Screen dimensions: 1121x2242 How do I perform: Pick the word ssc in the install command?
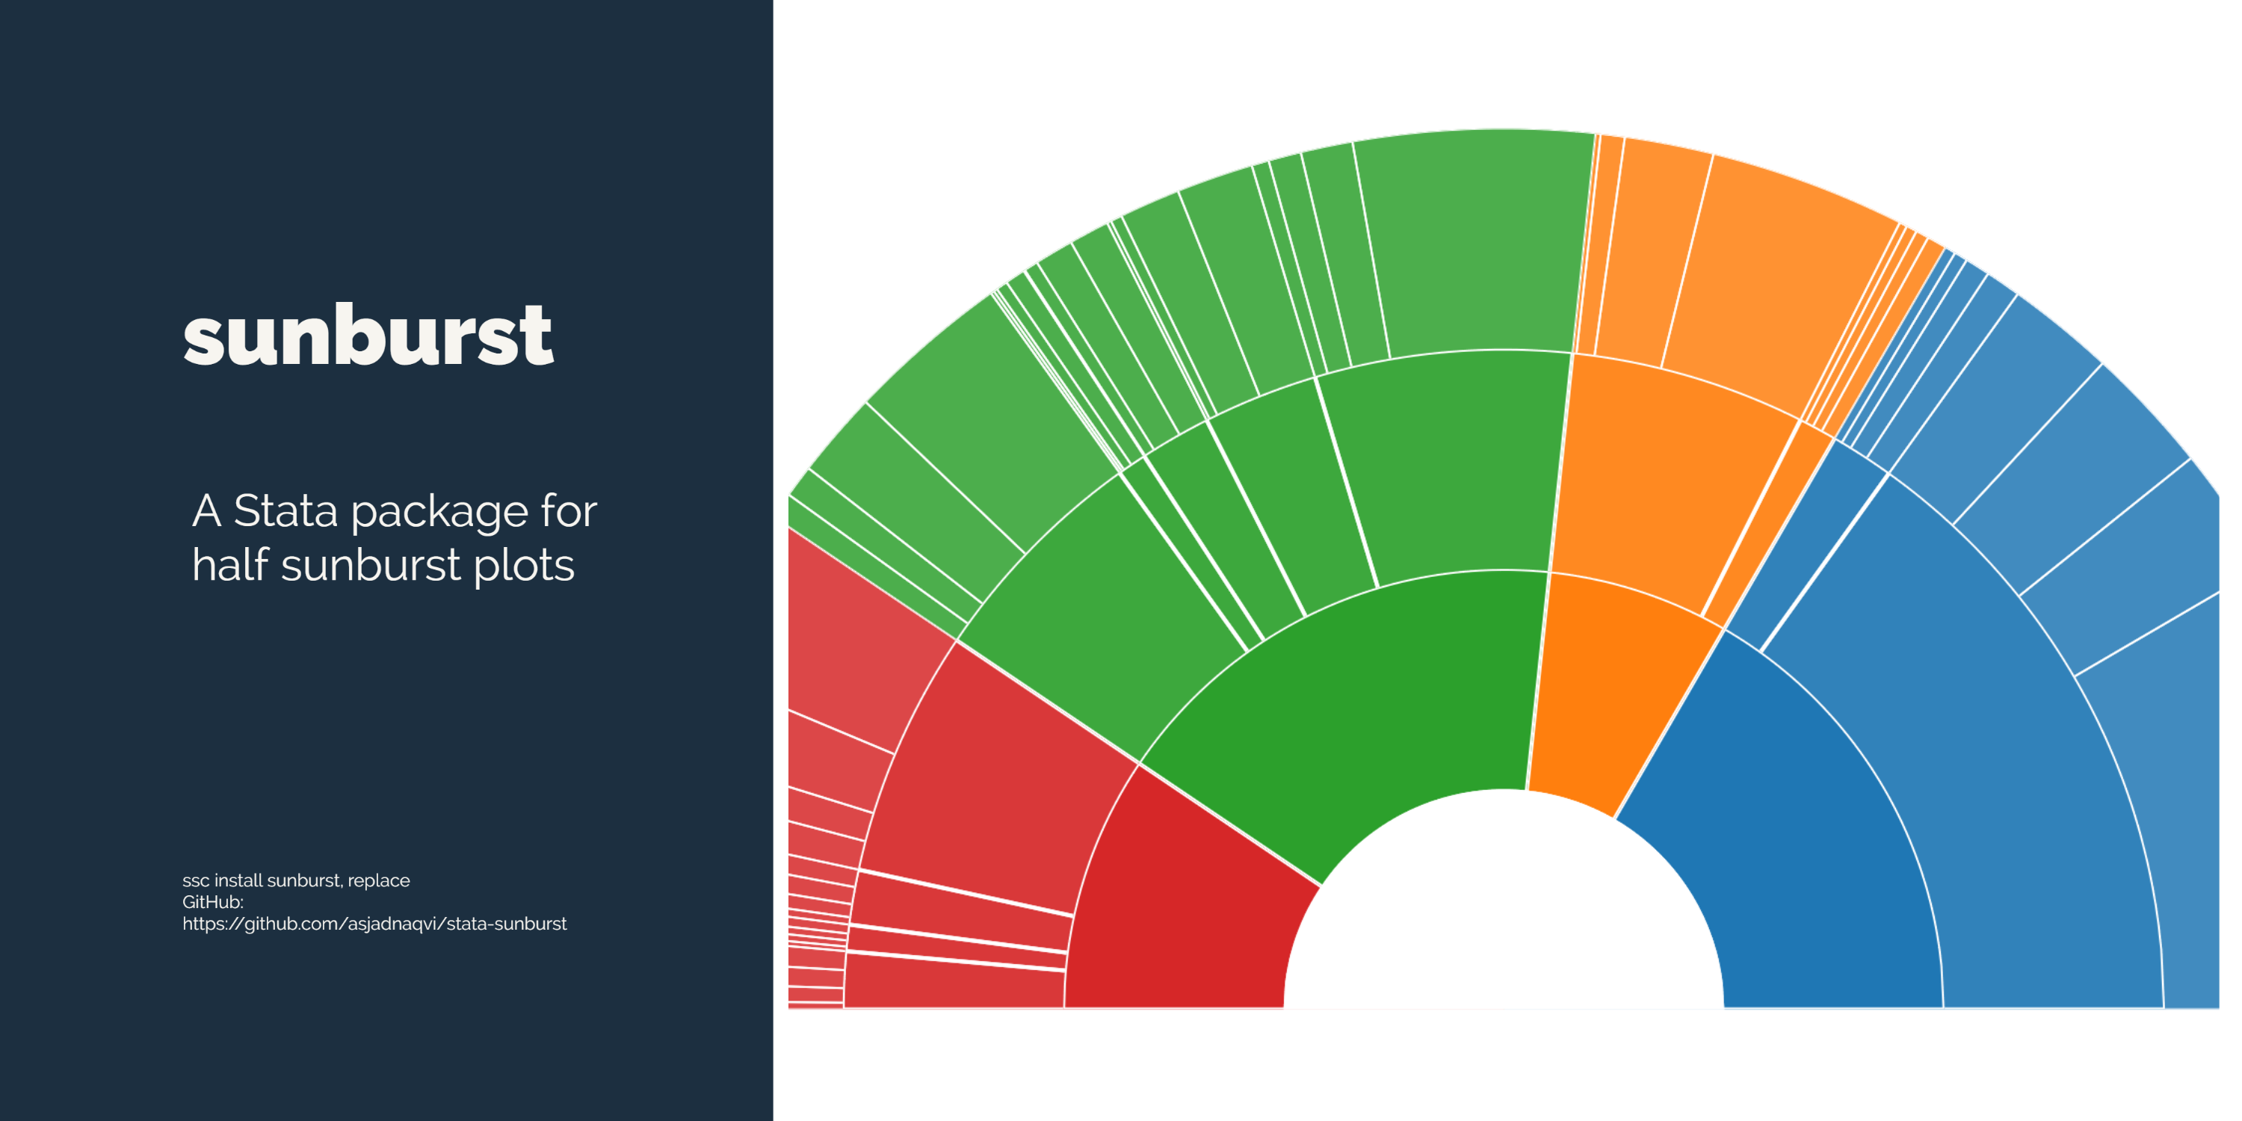click(x=195, y=881)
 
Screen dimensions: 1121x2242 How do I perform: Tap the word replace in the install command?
click(x=379, y=881)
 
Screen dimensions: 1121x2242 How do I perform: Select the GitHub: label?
click(x=212, y=903)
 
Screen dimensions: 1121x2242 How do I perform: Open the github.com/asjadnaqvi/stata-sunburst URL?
click(x=374, y=924)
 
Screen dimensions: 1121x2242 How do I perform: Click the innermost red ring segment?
click(x=1184, y=905)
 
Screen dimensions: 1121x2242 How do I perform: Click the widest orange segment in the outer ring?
click(x=1776, y=279)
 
